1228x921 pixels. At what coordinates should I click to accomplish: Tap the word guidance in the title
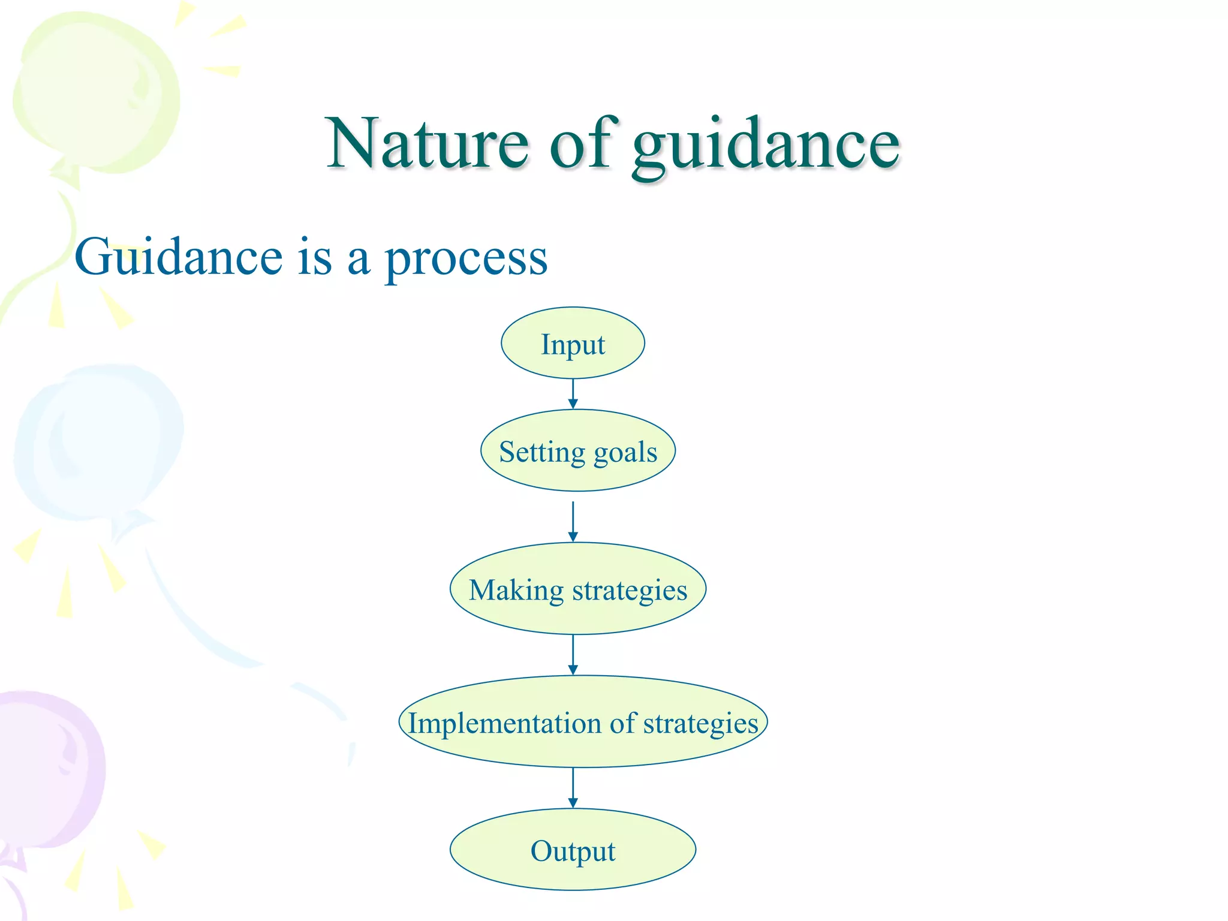(766, 147)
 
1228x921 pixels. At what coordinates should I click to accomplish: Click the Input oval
(573, 344)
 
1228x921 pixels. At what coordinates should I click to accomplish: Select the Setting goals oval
(577, 451)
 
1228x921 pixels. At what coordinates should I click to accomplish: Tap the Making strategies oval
(577, 589)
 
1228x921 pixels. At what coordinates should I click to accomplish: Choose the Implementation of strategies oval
(583, 722)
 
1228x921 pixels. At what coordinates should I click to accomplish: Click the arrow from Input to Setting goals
(573, 394)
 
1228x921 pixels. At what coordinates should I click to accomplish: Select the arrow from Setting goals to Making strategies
(573, 522)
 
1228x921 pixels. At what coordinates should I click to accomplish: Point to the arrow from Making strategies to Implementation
(573, 655)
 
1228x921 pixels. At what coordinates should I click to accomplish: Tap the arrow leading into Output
(573, 788)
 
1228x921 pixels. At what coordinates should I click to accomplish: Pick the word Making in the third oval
(516, 591)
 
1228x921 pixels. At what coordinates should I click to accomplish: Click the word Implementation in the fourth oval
(504, 723)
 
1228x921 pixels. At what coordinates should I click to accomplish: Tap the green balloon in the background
(96, 96)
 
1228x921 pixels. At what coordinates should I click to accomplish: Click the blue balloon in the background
(99, 444)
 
